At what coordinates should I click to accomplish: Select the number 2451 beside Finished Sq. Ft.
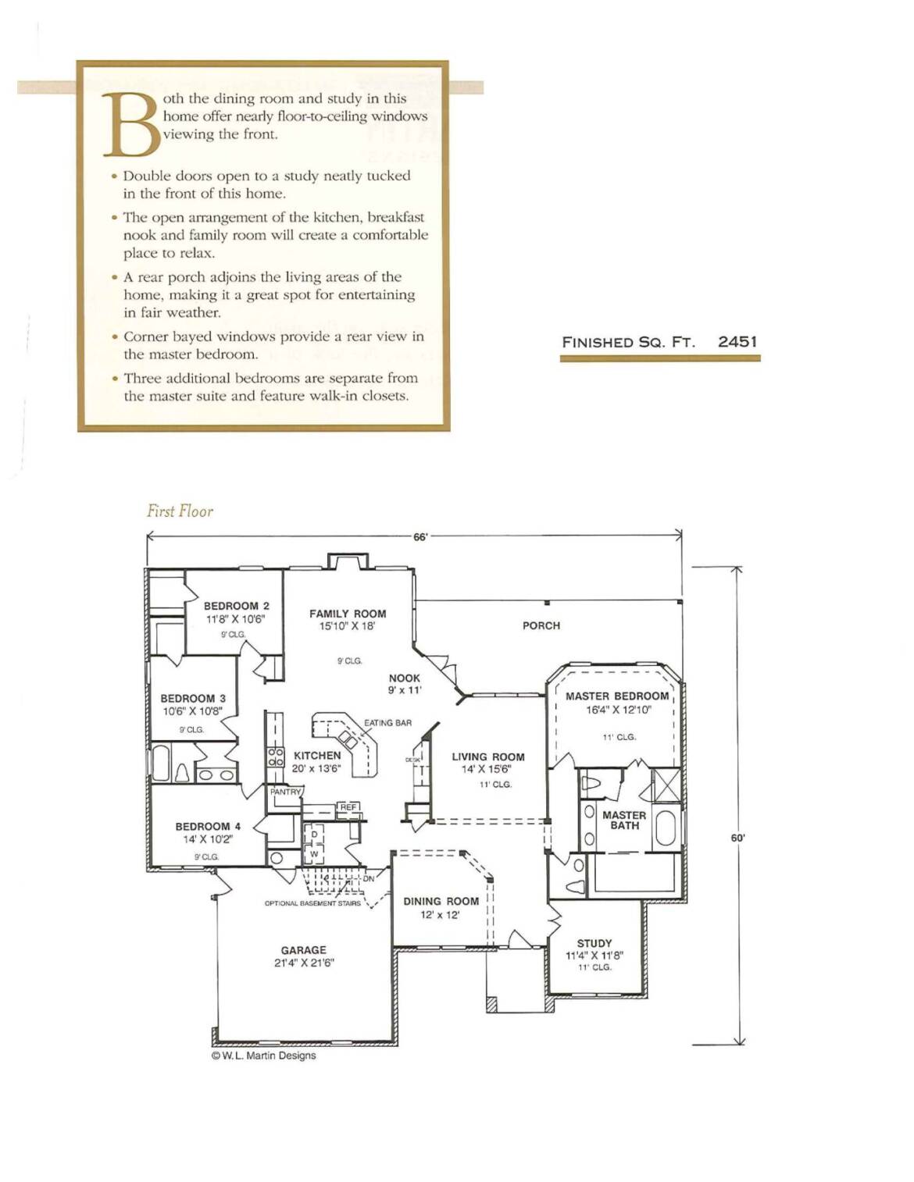coord(737,342)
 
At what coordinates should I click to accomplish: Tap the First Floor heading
coord(180,511)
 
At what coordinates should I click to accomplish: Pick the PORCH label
coord(541,625)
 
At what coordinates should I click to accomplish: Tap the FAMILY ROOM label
coord(348,614)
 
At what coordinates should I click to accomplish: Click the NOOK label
coord(404,678)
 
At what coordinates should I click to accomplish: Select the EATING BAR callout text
coord(388,723)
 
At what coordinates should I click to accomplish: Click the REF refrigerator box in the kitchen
coord(348,807)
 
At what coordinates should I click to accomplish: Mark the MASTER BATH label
coord(624,821)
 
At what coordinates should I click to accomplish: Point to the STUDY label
coord(594,943)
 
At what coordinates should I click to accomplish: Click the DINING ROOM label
coord(441,901)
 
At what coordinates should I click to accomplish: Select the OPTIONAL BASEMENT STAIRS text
coord(312,903)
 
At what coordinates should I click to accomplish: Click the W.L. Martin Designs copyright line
coord(263,1056)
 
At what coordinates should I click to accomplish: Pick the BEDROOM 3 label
coord(193,698)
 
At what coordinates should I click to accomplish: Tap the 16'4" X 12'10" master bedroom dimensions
coord(617,710)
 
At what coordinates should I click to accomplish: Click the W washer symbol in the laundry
coord(314,854)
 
